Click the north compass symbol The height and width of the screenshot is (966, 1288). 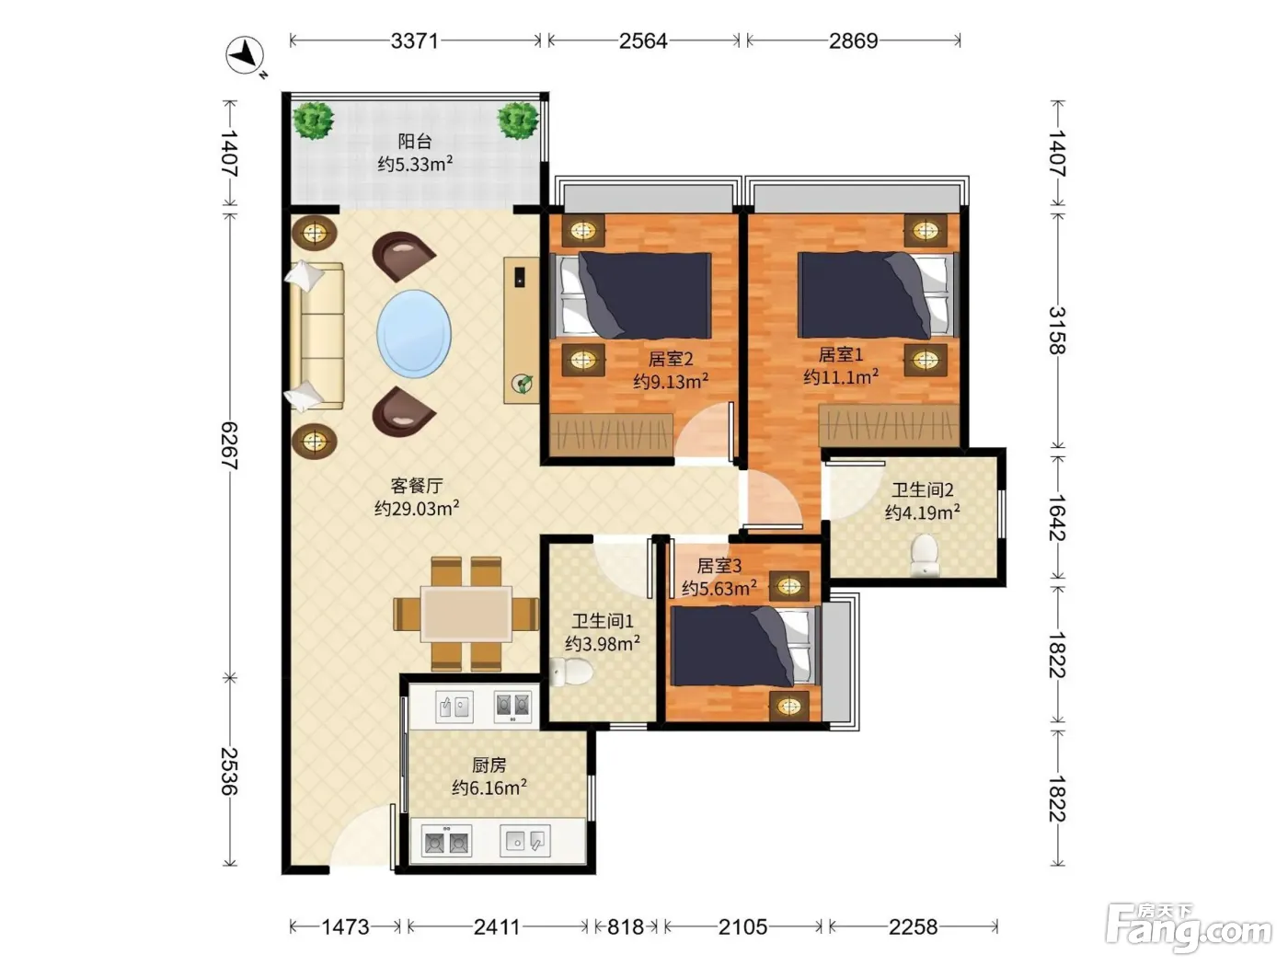(246, 56)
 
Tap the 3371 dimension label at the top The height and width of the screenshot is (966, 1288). (415, 41)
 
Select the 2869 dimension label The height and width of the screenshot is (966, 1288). (853, 41)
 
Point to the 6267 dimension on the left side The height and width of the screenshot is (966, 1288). (229, 445)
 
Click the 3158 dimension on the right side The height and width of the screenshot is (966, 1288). (1057, 330)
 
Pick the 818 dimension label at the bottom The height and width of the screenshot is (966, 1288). (626, 926)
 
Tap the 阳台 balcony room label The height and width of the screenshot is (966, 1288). (415, 141)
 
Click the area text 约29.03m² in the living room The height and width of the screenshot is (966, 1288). (417, 508)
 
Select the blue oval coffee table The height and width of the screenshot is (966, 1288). (414, 333)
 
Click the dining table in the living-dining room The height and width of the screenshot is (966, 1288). (466, 614)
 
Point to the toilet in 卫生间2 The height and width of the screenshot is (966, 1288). (925, 554)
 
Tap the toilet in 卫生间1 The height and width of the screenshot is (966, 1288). (571, 672)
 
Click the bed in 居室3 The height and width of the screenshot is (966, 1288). (745, 646)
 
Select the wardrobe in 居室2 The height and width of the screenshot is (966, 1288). (612, 434)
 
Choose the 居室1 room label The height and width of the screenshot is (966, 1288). (841, 354)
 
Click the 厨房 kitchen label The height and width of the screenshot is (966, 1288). (489, 765)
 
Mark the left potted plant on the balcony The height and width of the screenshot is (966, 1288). (314, 121)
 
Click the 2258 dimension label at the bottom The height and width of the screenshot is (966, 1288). (913, 926)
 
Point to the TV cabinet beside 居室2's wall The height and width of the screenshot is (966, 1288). (521, 330)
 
